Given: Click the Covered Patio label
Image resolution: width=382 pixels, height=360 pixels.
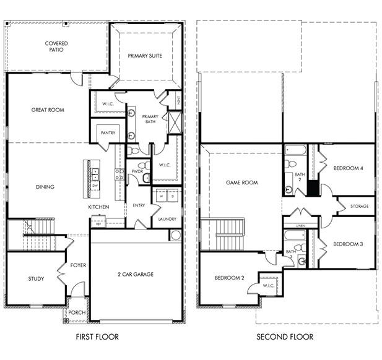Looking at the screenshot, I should (x=56, y=46).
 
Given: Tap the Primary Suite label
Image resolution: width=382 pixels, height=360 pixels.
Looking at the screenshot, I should (x=145, y=56).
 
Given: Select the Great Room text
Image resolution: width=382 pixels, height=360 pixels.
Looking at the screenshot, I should (x=48, y=110).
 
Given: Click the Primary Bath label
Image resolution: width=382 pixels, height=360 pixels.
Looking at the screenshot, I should (x=150, y=119).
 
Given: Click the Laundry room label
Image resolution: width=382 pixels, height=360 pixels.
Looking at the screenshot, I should (x=167, y=219).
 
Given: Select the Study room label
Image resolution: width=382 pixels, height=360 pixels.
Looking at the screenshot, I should (x=36, y=279).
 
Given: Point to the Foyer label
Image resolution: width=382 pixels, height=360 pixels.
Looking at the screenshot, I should (x=78, y=265).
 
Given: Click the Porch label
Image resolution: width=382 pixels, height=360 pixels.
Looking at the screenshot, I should (x=77, y=313).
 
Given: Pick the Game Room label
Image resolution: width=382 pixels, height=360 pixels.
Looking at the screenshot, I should (x=241, y=183).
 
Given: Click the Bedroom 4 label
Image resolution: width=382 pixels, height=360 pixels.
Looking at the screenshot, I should (x=348, y=168).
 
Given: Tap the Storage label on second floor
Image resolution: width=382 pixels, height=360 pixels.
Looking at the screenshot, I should (x=359, y=206).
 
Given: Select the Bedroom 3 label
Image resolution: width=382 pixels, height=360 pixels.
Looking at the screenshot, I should (x=348, y=244).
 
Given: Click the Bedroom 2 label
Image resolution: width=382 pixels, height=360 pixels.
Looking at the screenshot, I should (x=230, y=278).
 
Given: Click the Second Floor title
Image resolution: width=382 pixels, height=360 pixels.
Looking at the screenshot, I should (x=285, y=337).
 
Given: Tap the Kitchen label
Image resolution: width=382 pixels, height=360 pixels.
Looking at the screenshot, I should (x=98, y=207).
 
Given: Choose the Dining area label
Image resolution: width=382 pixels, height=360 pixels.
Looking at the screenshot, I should (x=45, y=187).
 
